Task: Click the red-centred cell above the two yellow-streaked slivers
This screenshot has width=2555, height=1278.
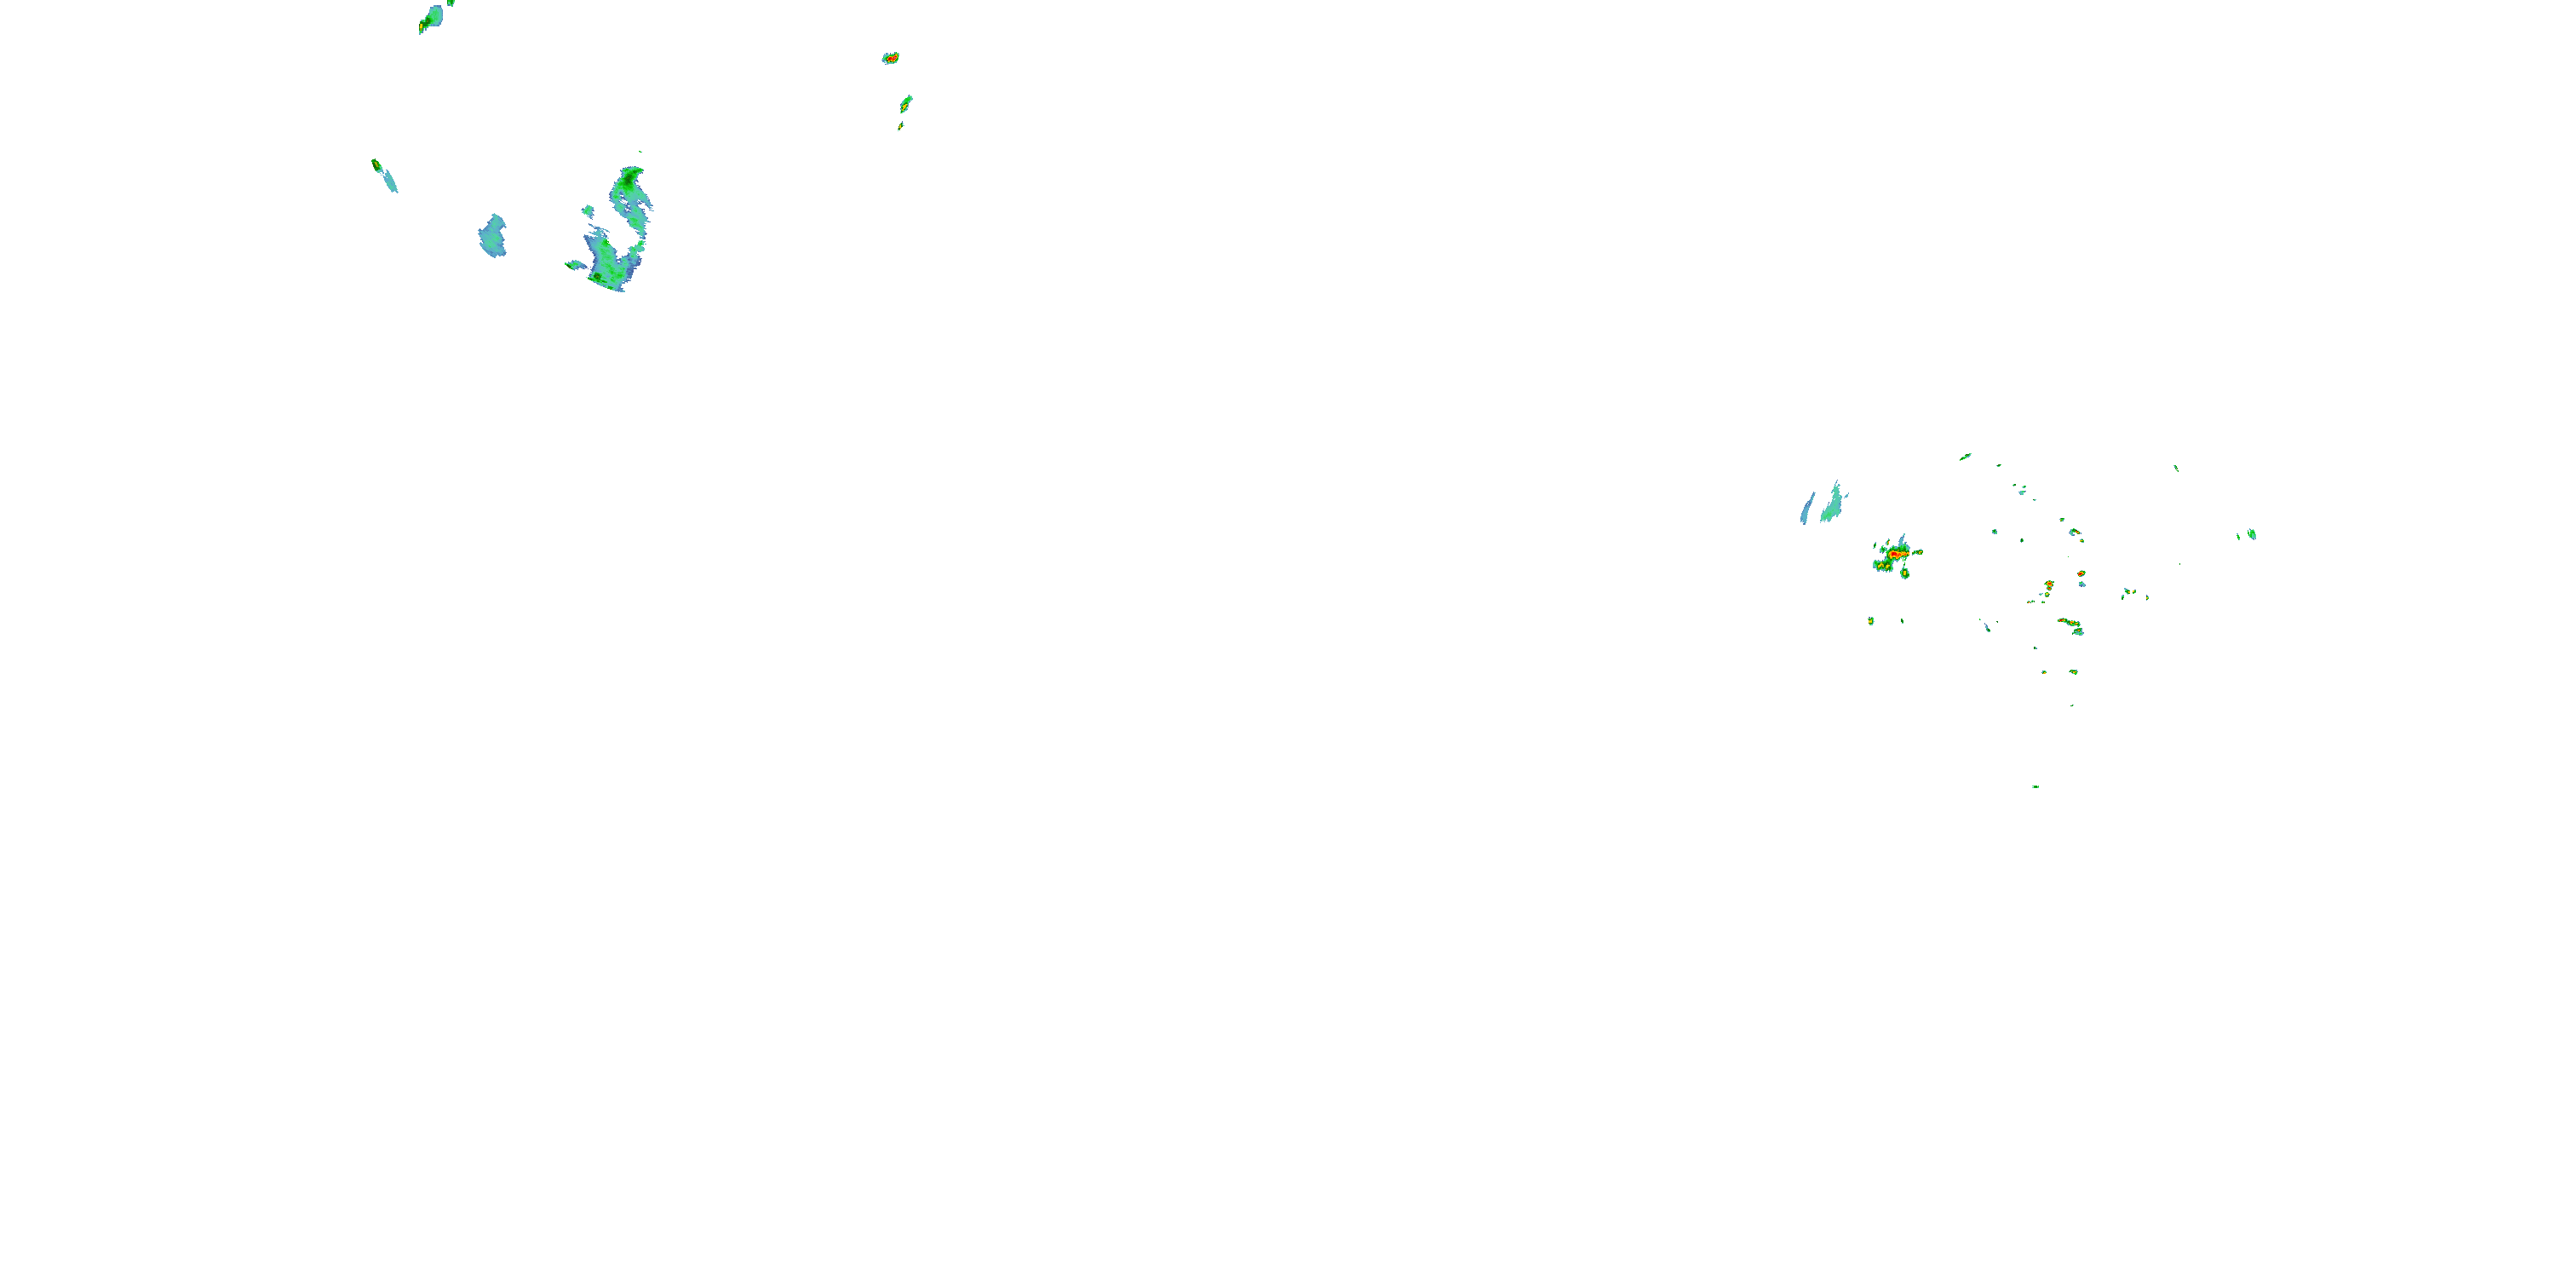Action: [891, 59]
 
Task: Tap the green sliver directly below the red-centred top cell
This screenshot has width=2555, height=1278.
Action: [905, 102]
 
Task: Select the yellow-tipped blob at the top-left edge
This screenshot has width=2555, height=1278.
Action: [432, 17]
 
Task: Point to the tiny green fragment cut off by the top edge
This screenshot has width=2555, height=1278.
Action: [451, 3]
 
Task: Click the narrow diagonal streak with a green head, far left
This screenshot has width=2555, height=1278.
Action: [384, 175]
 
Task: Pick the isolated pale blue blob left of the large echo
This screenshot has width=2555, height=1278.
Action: [493, 236]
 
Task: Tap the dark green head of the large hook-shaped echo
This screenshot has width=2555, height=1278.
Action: [629, 183]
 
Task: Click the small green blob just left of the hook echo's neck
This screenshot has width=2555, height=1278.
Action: [589, 210]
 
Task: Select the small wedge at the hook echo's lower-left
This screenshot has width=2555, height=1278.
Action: [574, 264]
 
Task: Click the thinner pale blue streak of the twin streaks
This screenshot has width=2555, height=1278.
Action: [1807, 509]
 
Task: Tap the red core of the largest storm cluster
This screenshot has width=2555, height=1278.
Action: [1896, 554]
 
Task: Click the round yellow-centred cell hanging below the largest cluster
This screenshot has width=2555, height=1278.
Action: [1904, 573]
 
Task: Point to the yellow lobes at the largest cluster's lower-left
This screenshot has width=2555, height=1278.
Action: [1880, 566]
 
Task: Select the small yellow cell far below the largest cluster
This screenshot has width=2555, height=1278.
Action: [1870, 621]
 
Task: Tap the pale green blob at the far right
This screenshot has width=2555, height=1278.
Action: [2253, 534]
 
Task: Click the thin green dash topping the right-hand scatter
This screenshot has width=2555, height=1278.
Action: [1965, 457]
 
